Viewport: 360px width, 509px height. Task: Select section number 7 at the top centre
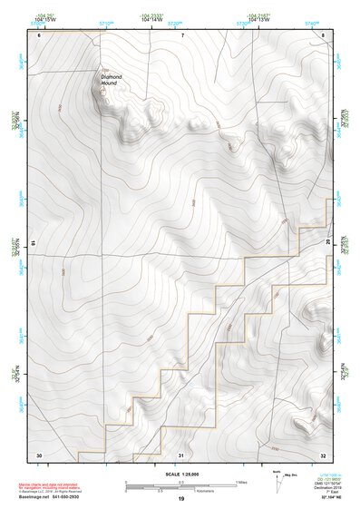coord(182,35)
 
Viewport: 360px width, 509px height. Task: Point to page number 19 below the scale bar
coord(181,499)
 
